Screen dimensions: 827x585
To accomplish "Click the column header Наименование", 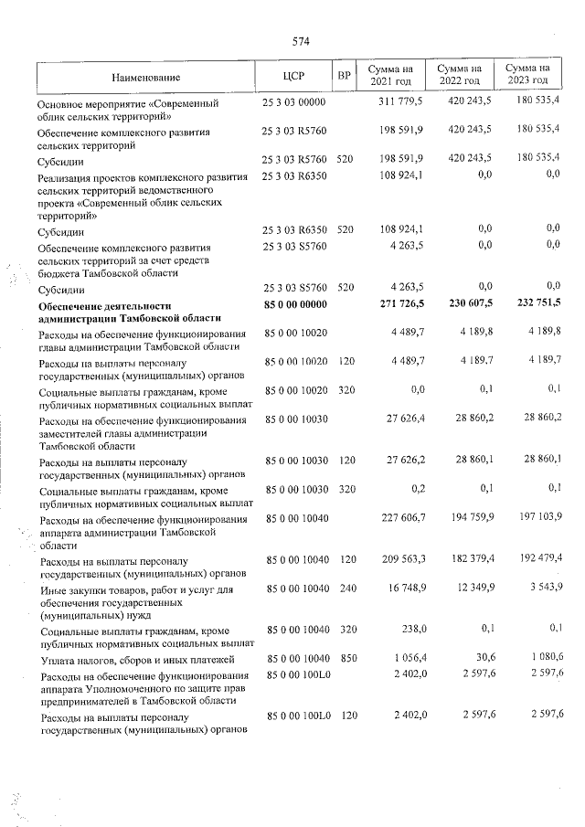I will pos(147,77).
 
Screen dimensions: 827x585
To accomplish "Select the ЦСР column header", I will pos(293,76).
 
